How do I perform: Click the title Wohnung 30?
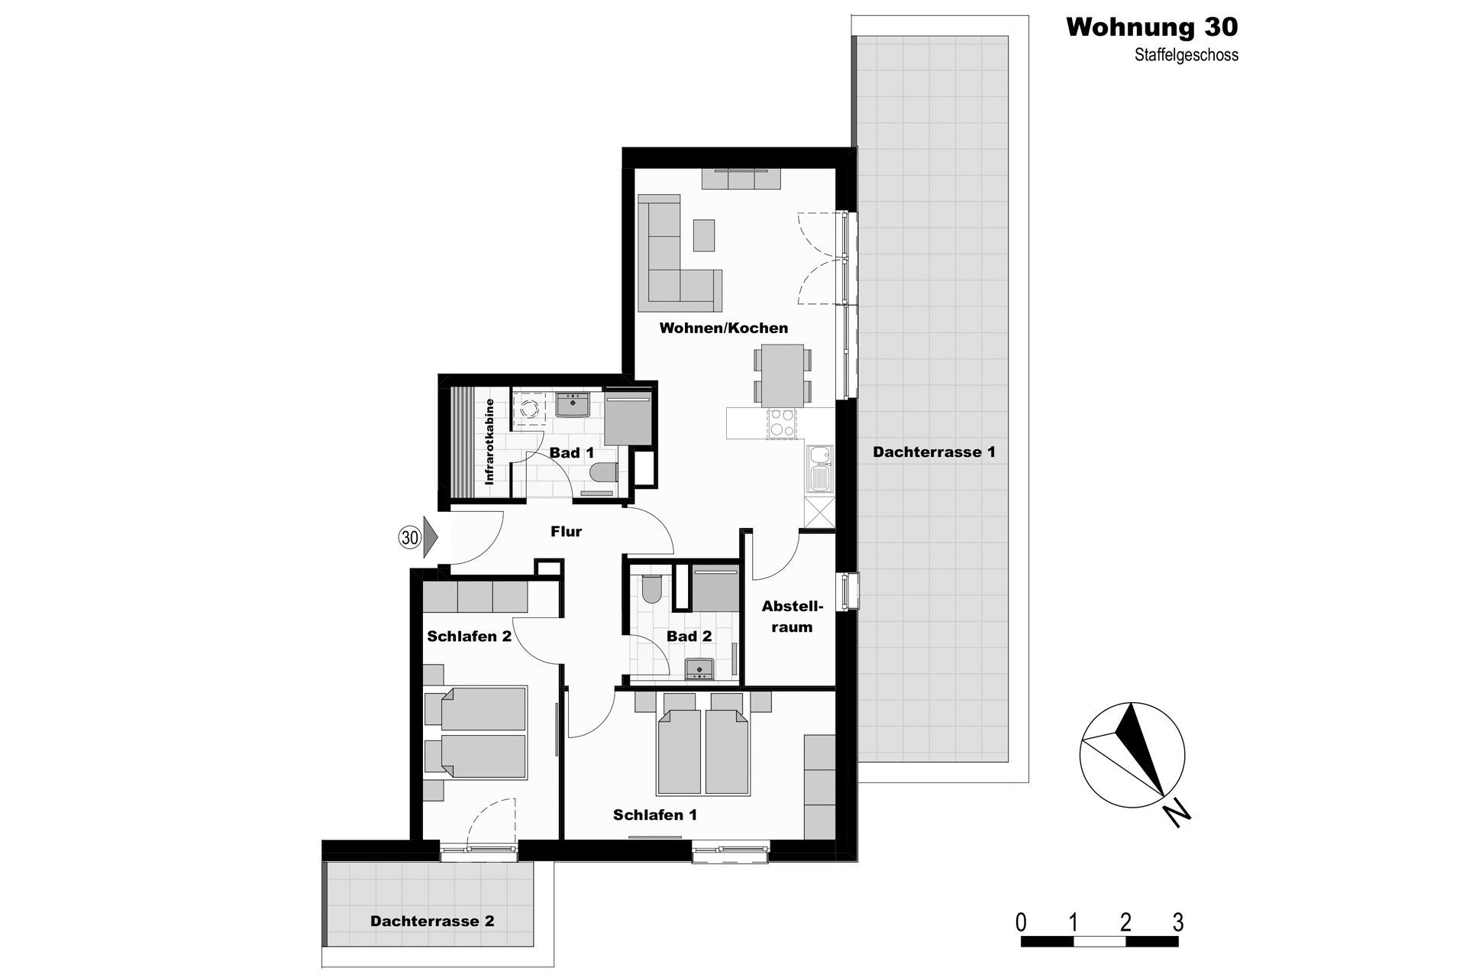pos(1151,28)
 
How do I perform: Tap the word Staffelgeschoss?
pos(1186,56)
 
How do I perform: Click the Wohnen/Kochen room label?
pos(724,328)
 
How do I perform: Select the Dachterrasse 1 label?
pos(934,452)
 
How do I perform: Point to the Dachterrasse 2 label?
pos(432,921)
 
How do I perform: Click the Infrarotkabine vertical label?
pos(489,441)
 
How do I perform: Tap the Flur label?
pos(566,532)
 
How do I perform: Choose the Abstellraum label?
pos(793,617)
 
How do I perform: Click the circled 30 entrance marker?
pos(410,538)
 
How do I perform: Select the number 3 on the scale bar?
pos(1178,923)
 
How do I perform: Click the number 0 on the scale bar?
pos(1021,923)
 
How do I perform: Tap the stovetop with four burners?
pos(781,423)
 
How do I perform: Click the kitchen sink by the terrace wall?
pos(819,468)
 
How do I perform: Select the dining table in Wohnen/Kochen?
pos(783,375)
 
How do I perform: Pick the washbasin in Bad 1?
pos(572,404)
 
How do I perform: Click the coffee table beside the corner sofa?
pos(705,235)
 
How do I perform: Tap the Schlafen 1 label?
pos(655,815)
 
